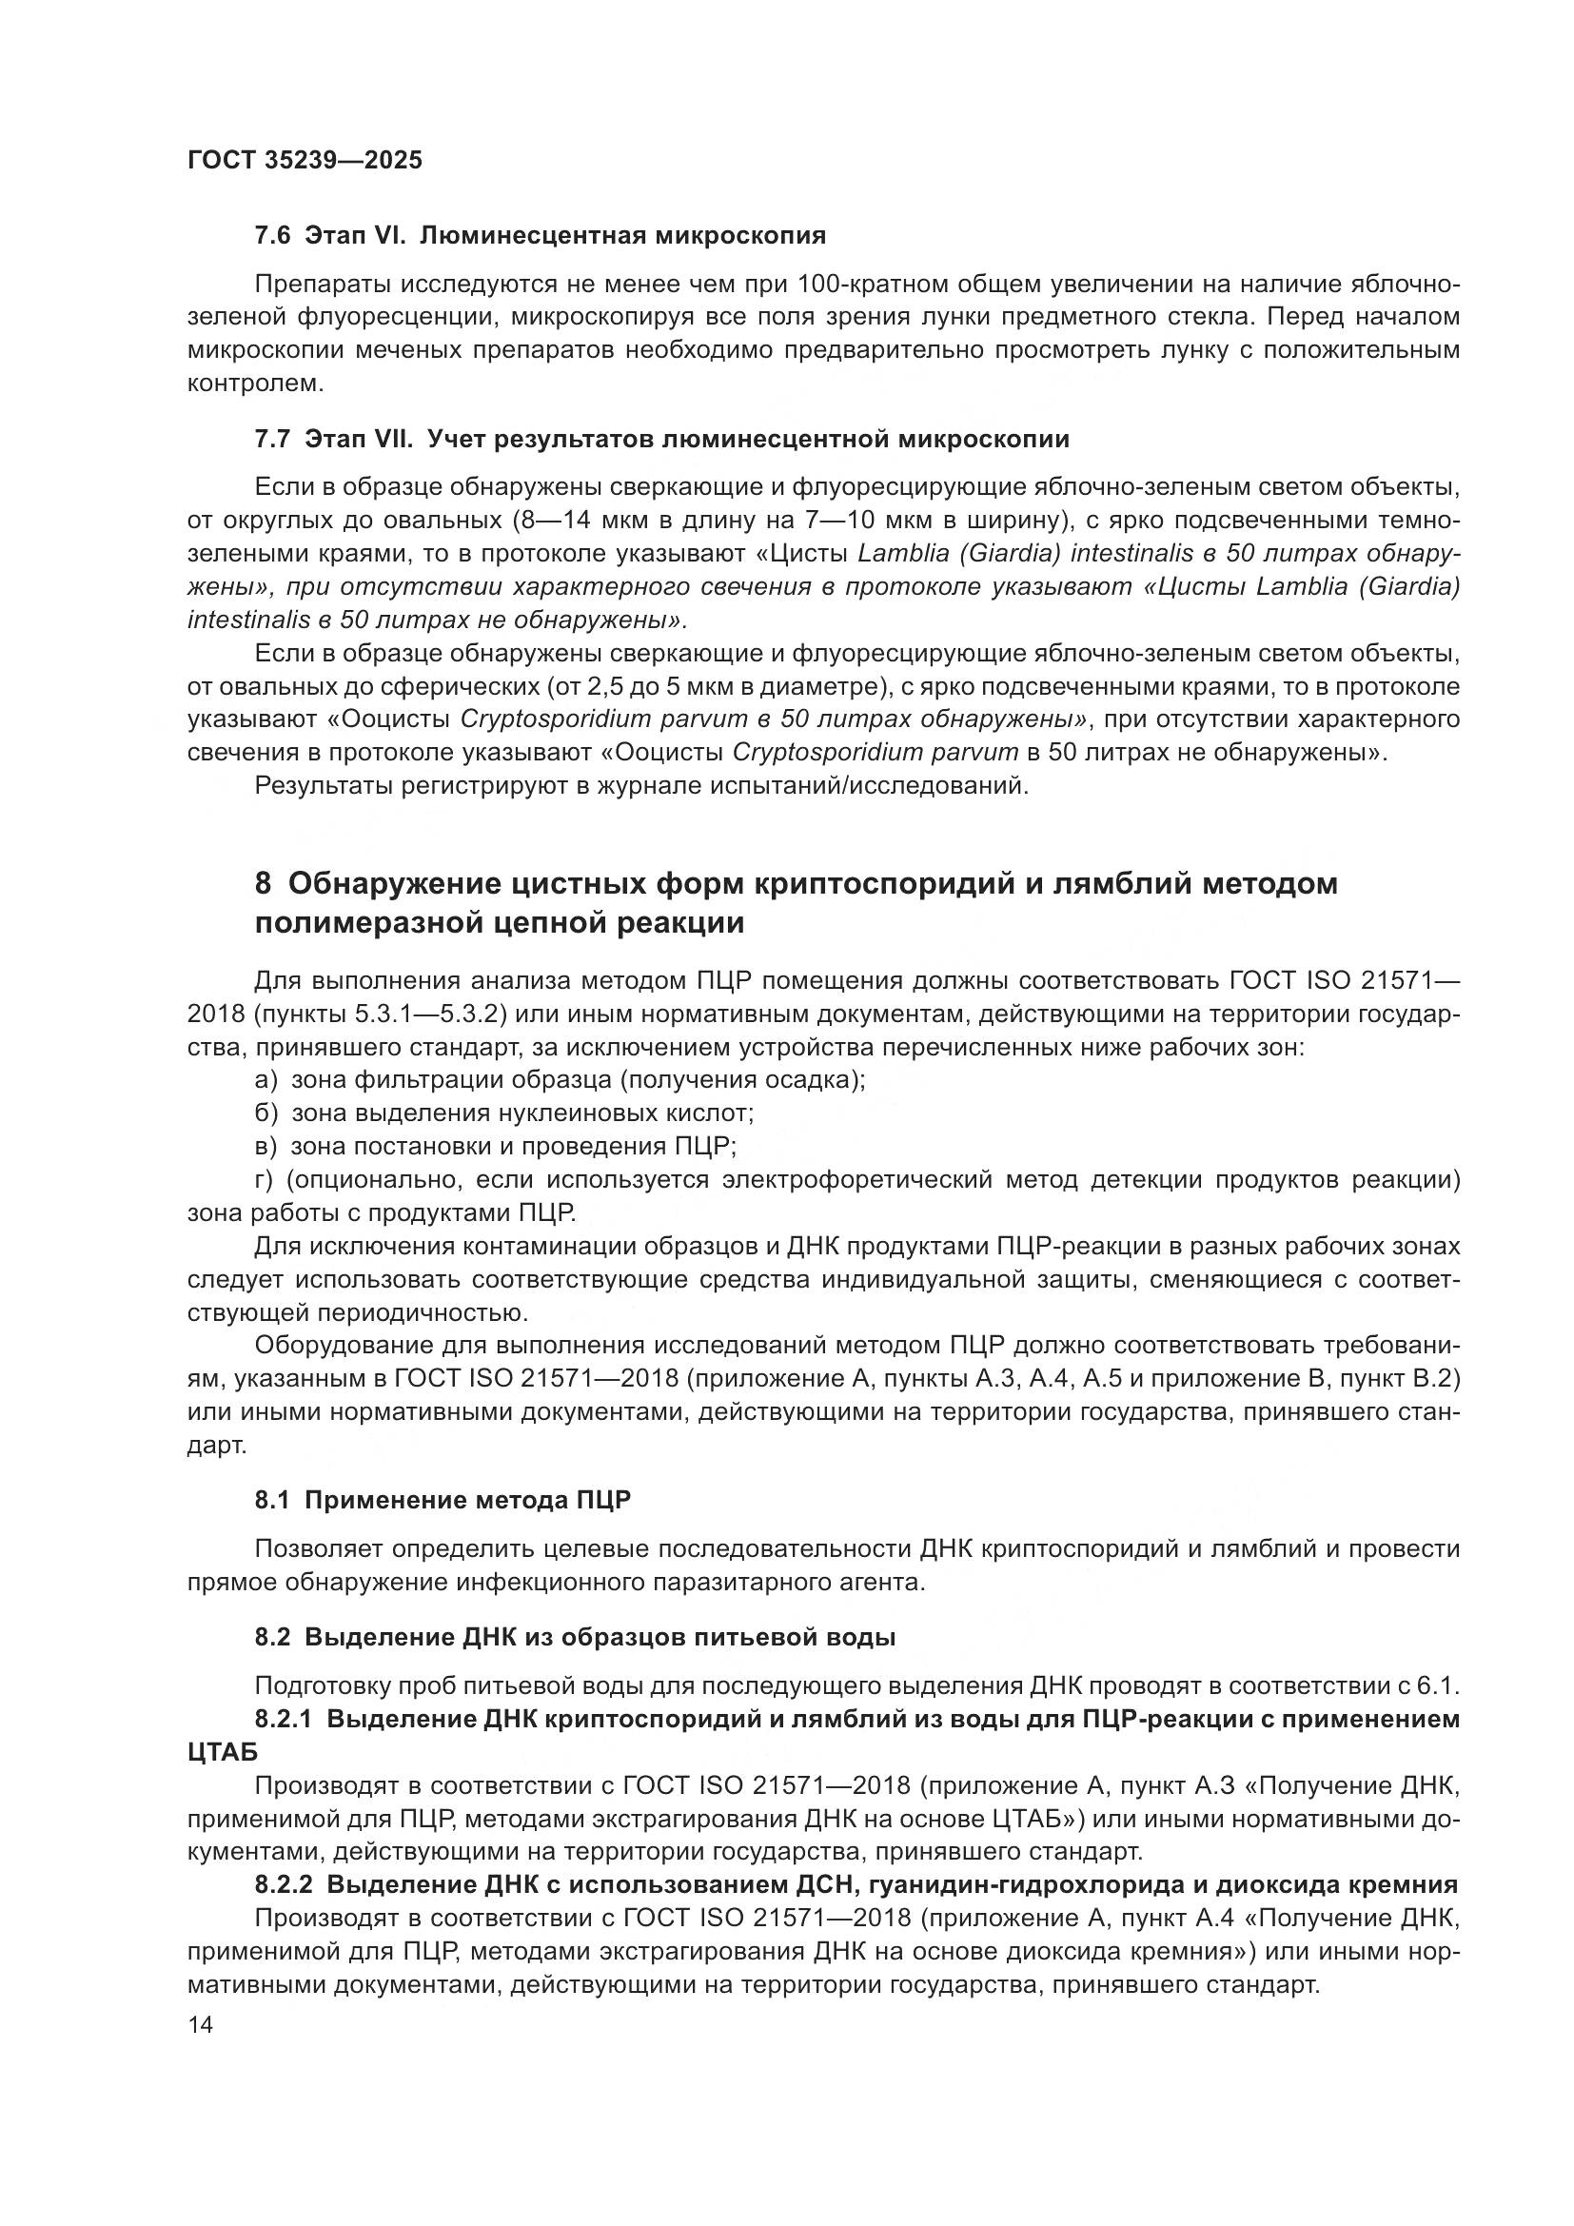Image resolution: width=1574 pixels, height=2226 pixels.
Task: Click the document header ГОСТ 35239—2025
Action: pyautogui.click(x=305, y=160)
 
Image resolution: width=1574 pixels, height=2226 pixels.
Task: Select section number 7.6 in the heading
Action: pyautogui.click(x=272, y=236)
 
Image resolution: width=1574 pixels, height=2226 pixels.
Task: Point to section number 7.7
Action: pyautogui.click(x=272, y=439)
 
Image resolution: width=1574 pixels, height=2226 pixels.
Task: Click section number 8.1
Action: pyautogui.click(x=272, y=1501)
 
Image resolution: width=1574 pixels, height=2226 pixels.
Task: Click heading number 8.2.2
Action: pyautogui.click(x=283, y=1884)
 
